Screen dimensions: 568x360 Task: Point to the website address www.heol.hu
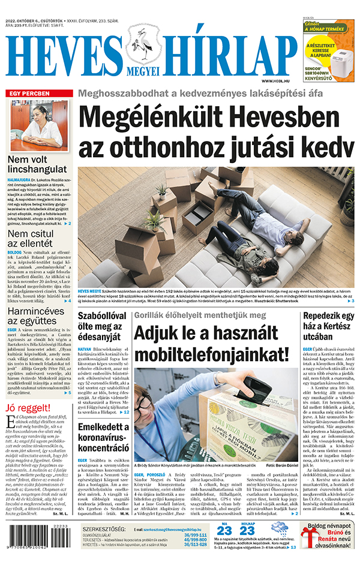coord(276,81)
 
